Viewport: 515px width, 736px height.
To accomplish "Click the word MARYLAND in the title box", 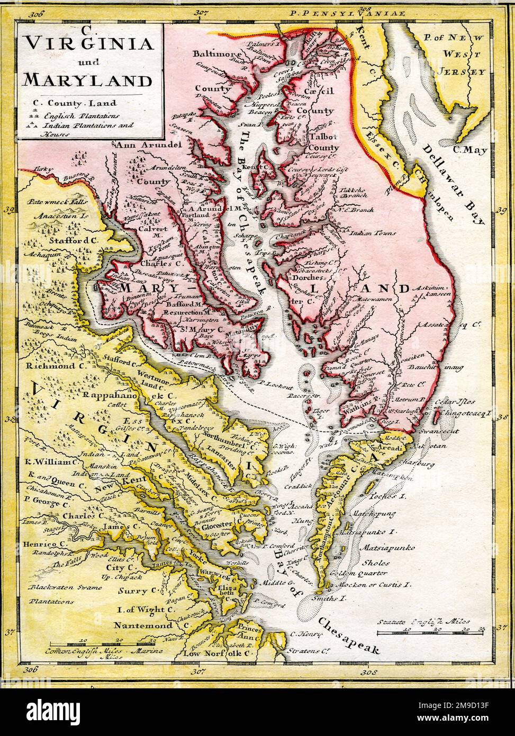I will (x=87, y=80).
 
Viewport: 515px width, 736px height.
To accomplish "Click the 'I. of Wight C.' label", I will (x=146, y=609).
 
